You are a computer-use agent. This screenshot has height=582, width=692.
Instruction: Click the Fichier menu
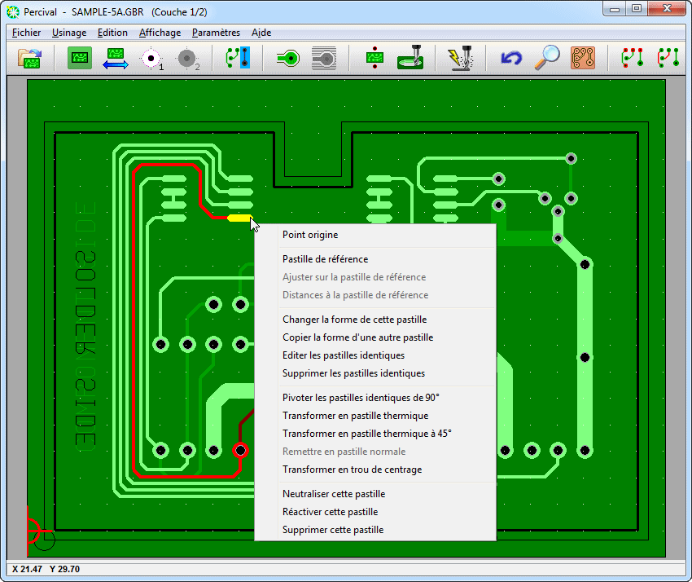point(27,33)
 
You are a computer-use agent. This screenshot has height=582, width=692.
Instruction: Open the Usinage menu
point(69,33)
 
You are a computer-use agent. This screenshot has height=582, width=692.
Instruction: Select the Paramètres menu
point(216,33)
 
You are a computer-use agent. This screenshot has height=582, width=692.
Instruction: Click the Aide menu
point(261,33)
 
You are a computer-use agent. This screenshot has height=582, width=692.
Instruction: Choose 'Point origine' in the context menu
point(310,235)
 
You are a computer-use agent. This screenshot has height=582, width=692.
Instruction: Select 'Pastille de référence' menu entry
point(326,259)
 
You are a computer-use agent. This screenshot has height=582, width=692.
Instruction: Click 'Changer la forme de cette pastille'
point(354,320)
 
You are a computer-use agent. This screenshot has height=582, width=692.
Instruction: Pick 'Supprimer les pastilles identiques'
point(353,373)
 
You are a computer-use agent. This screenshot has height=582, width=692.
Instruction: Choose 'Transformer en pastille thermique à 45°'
point(366,434)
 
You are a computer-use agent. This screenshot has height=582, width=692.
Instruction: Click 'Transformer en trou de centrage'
point(353,470)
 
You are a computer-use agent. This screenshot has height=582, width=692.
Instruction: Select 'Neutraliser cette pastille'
point(334,494)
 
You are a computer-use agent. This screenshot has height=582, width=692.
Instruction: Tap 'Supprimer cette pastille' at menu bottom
point(333,530)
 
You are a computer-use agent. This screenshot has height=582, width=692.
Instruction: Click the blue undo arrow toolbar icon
point(511,58)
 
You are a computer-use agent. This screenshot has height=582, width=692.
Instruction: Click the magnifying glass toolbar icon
point(547,57)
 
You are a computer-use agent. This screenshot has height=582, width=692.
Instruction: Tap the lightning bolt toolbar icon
point(461,57)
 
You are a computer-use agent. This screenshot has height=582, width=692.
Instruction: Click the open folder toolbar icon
point(29,58)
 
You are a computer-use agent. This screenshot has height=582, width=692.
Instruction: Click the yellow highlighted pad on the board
point(240,218)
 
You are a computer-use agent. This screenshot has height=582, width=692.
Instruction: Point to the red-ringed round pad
point(240,450)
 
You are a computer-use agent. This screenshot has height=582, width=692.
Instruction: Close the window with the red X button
point(667,8)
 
